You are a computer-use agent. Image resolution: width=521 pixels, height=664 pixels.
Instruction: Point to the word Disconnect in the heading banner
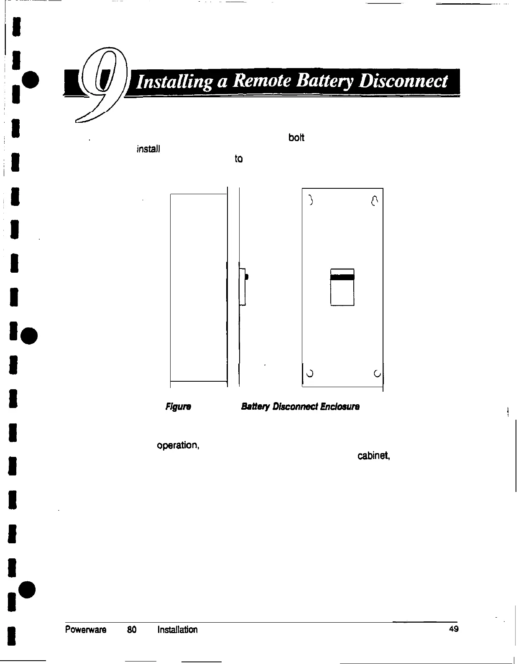pos(400,81)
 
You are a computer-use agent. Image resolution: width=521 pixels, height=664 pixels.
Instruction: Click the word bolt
pos(296,138)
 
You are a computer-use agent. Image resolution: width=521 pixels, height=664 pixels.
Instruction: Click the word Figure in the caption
pos(179,406)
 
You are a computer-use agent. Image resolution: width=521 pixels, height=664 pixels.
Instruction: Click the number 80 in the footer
pos(132,629)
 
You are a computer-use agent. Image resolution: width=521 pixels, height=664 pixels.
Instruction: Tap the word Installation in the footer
pos(177,629)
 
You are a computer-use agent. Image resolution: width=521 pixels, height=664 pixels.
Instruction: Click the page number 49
pos(454,629)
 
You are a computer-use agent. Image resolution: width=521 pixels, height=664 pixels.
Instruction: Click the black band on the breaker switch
pos(342,276)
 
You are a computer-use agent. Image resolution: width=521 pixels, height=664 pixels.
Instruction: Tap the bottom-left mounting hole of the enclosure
pos(310,373)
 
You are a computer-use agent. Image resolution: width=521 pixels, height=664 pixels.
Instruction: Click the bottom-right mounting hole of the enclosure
pos(377,373)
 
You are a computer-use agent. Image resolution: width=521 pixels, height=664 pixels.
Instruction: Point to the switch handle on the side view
pos(247,276)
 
